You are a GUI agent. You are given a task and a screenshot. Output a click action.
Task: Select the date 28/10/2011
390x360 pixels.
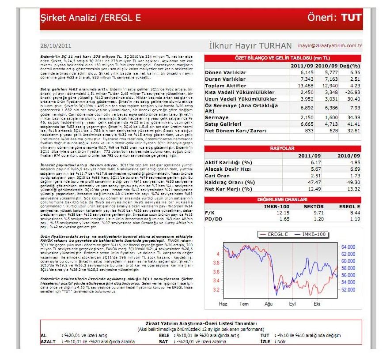55,45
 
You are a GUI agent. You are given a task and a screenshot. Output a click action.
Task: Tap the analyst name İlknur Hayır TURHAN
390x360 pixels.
250,45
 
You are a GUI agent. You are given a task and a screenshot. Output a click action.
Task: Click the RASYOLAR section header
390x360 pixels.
283,149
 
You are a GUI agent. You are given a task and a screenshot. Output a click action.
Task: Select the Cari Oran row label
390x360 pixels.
218,176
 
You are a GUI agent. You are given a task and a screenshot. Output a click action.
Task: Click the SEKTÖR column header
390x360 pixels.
314,206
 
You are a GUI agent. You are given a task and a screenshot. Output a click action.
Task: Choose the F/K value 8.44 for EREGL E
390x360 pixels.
352,213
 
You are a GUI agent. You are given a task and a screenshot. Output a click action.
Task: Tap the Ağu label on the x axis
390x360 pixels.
269,304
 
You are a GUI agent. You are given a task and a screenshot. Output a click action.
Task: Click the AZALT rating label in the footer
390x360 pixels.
49,341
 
